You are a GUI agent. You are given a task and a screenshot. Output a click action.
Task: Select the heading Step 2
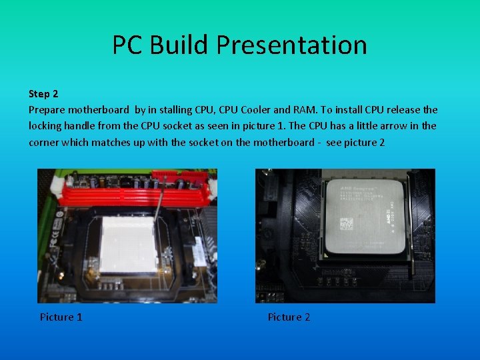(x=43, y=94)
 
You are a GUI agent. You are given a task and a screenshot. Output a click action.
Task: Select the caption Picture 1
(x=61, y=317)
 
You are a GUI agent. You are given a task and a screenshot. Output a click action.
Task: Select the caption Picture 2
(x=289, y=317)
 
